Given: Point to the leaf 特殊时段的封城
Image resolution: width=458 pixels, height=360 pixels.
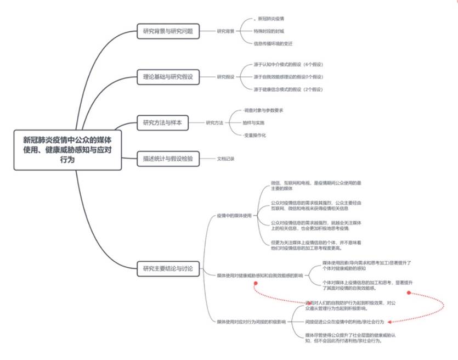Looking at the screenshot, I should click(x=269, y=31).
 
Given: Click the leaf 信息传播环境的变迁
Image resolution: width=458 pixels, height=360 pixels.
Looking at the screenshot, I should click(x=273, y=43).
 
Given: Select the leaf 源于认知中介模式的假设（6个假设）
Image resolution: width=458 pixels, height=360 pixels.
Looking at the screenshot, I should click(x=288, y=65).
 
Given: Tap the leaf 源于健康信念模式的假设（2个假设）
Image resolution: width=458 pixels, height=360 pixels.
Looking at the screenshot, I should click(x=288, y=89).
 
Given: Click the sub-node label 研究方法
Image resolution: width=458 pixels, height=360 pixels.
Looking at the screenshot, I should click(x=214, y=122).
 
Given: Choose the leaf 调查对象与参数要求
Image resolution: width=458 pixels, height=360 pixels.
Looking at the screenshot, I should click(x=263, y=110).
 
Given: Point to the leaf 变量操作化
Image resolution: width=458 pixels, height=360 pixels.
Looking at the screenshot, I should click(x=255, y=135).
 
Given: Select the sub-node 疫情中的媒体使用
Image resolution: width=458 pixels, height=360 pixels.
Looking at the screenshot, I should click(x=234, y=216).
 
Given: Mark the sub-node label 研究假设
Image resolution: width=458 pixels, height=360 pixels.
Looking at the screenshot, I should click(x=225, y=77).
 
